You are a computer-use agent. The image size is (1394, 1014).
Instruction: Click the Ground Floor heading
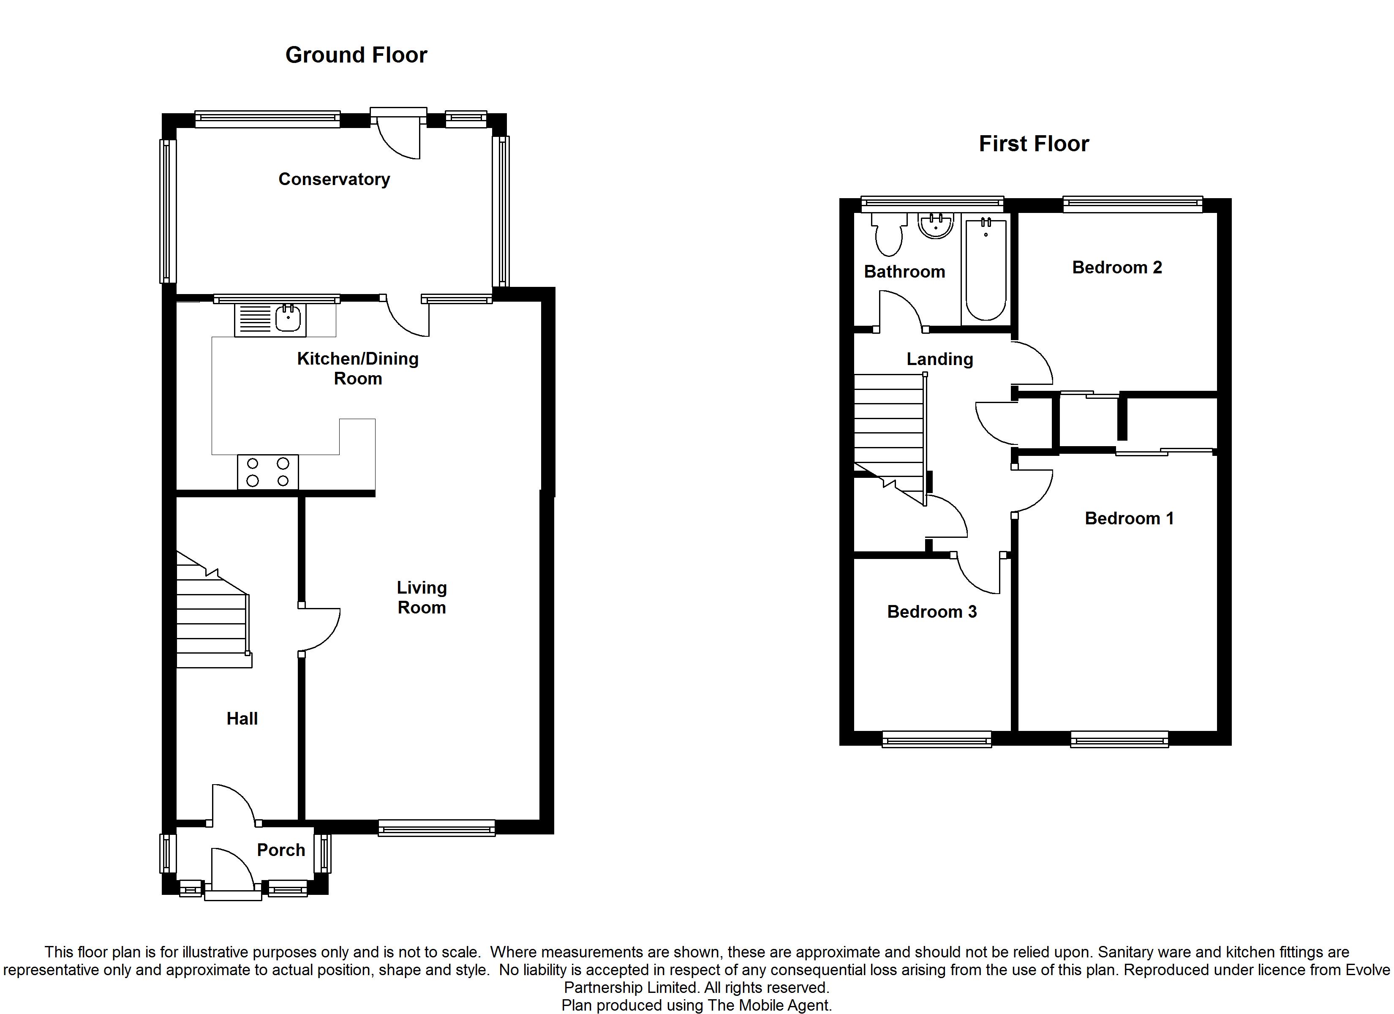[356, 55]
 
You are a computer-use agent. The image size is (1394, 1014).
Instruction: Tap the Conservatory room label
[335, 179]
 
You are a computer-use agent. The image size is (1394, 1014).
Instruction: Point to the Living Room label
[422, 597]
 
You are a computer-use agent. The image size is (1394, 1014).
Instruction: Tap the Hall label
[242, 718]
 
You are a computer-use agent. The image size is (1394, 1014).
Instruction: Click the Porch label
[281, 850]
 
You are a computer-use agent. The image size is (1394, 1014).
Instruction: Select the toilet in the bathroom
[889, 234]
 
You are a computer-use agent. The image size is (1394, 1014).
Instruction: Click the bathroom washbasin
[936, 226]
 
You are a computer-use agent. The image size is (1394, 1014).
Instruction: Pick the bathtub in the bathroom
[985, 269]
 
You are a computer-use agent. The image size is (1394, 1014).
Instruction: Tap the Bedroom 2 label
[1117, 267]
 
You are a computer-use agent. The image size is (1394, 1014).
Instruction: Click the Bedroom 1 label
[1129, 518]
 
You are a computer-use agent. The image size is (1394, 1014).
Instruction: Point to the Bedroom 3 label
[932, 612]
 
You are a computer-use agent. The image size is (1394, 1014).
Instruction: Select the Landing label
[940, 359]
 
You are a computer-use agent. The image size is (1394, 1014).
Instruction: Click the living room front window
[436, 828]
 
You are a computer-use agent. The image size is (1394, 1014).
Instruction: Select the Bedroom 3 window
[937, 739]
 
